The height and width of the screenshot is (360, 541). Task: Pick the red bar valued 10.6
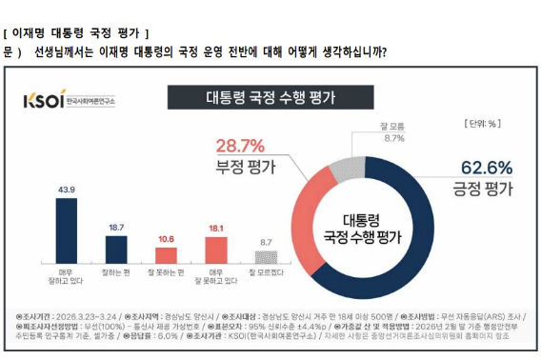click(166, 254)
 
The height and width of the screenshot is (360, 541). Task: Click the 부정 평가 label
click(240, 167)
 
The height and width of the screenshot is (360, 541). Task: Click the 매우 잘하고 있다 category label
click(68, 278)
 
